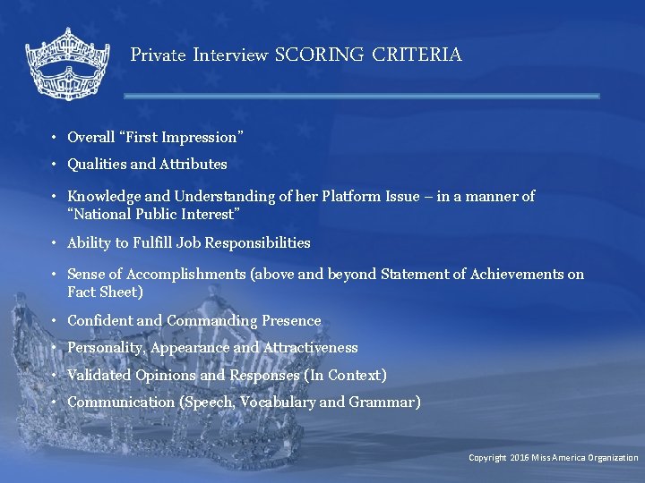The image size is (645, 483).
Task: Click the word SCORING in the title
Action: [x=320, y=55]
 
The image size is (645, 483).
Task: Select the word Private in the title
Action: [x=158, y=55]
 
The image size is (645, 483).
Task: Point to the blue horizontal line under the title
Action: [x=361, y=96]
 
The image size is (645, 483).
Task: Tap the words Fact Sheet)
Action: [x=105, y=292]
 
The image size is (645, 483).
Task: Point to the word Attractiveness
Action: [x=309, y=348]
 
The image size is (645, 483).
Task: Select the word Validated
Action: [x=99, y=376]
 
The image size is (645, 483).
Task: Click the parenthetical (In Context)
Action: [x=346, y=376]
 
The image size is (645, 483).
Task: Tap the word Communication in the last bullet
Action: [x=121, y=402]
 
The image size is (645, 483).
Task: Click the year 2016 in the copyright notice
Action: [x=520, y=458]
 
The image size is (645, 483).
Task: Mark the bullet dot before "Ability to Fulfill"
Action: [x=55, y=243]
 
